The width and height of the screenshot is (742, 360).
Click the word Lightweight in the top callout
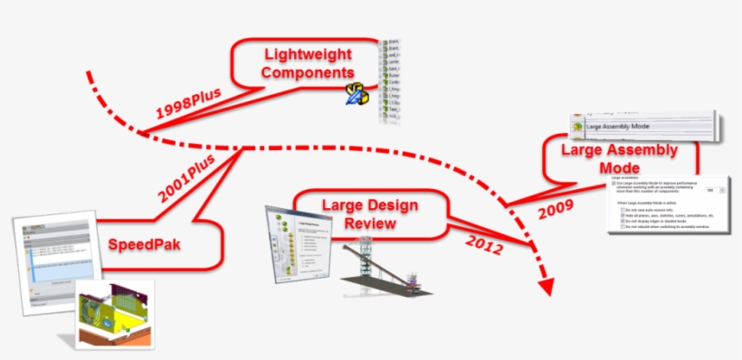[305, 54]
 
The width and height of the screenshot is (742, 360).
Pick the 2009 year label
[556, 211]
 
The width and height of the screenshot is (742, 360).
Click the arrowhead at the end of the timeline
[545, 286]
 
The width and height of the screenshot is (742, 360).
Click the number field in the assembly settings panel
[712, 190]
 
